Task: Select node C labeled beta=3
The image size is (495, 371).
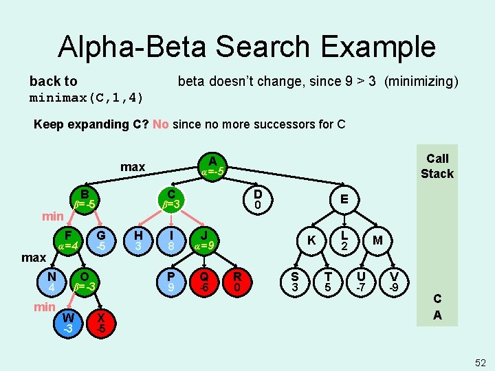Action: click(171, 199)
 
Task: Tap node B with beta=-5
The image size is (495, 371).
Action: click(85, 199)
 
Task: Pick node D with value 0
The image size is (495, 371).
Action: click(257, 199)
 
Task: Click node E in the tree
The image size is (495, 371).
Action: click(342, 199)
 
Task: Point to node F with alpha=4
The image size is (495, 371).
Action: click(68, 239)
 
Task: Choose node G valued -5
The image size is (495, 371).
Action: click(100, 239)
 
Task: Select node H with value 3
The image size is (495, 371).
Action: click(138, 239)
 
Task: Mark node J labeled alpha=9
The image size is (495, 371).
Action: click(204, 239)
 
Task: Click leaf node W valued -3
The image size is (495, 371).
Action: click(68, 322)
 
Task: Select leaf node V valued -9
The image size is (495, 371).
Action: click(394, 281)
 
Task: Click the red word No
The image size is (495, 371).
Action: click(161, 124)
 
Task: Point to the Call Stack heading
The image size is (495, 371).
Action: click(437, 166)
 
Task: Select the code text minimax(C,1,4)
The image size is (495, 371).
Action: click(87, 98)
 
